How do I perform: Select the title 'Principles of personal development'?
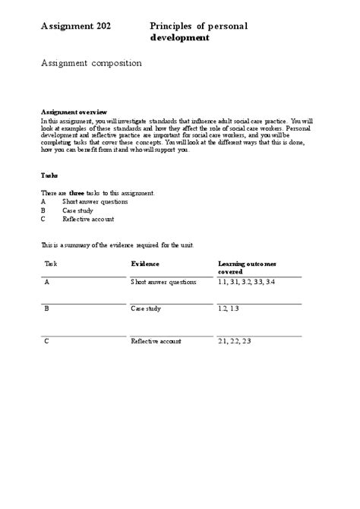point(199,31)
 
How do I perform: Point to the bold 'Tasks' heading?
point(49,174)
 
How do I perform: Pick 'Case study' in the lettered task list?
point(78,210)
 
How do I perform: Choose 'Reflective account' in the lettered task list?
point(88,220)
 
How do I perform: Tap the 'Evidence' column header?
point(145,263)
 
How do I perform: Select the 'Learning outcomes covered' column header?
point(247,267)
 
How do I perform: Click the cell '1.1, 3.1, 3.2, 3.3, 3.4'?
point(245,282)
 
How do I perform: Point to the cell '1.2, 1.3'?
point(228,309)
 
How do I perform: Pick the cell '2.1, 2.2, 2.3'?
point(233,342)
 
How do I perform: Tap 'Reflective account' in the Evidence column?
point(156,342)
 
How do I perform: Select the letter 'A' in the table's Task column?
point(47,282)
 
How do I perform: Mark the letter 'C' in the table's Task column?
point(47,342)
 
